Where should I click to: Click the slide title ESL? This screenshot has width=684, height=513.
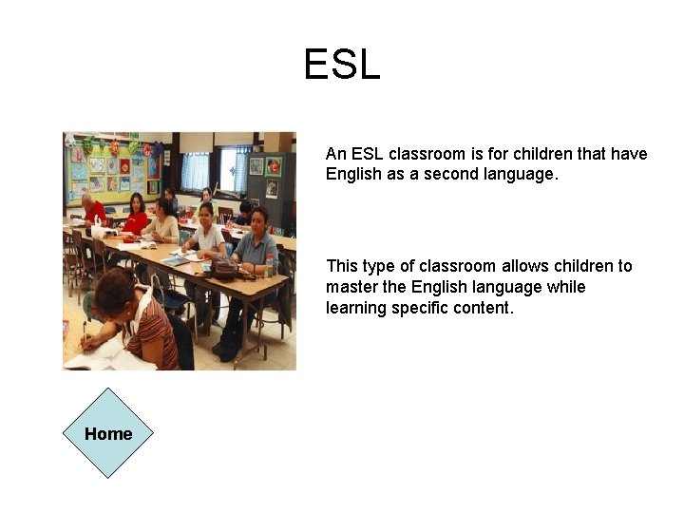tap(342, 65)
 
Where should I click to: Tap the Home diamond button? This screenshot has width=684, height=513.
tap(108, 433)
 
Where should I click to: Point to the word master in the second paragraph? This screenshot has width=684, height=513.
tap(351, 287)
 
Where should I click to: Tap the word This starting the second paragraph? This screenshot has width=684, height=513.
tap(342, 266)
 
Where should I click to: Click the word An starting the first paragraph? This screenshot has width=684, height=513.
tap(336, 154)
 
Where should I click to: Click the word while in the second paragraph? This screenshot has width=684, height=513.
tap(566, 287)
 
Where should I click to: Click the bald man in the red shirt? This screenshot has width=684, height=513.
tap(92, 212)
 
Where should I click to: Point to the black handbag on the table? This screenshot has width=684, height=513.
tap(224, 267)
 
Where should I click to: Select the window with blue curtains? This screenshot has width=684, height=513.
tap(196, 171)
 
